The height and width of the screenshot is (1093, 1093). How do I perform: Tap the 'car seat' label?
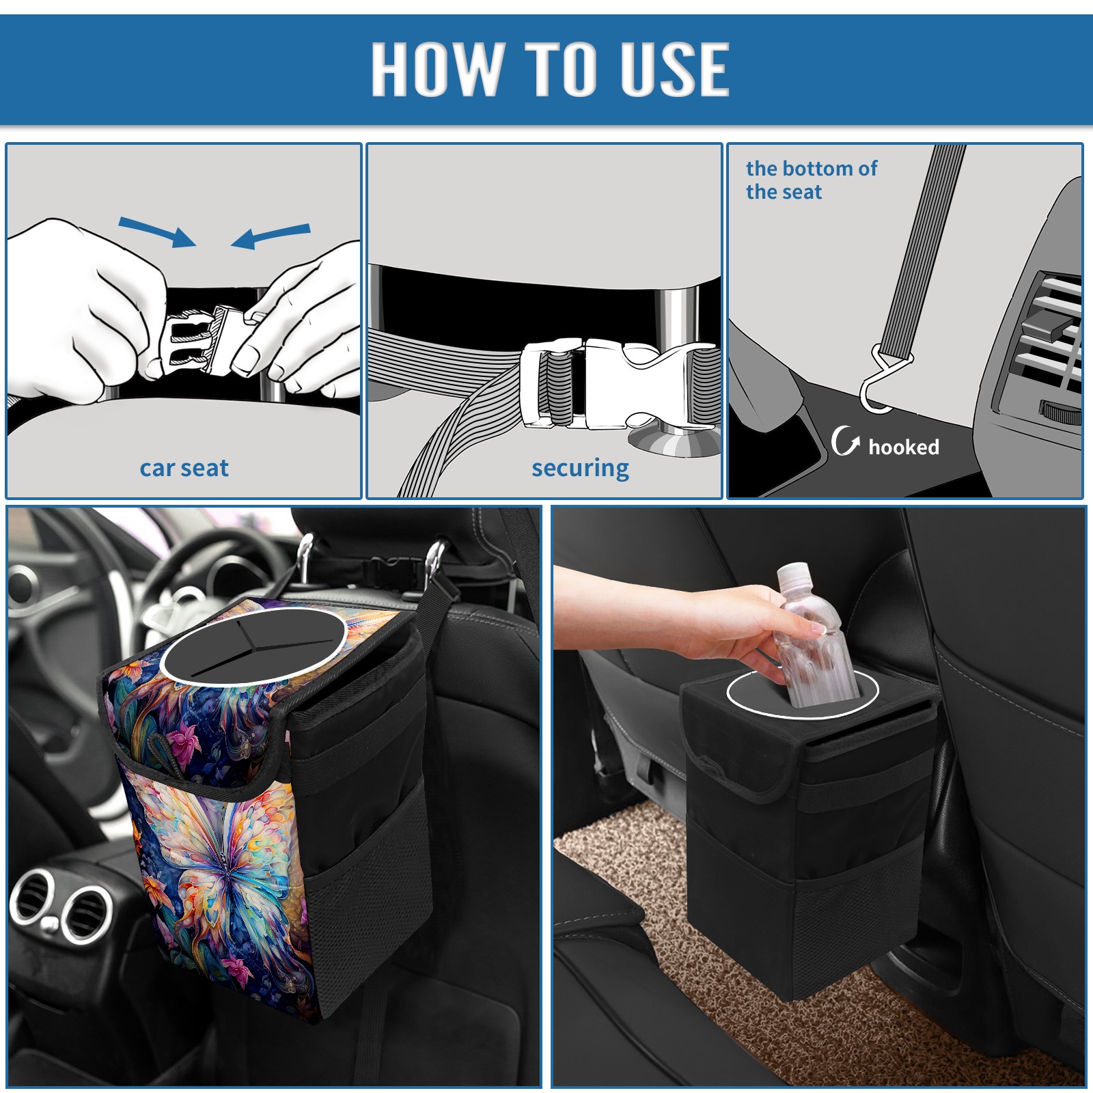click(x=184, y=468)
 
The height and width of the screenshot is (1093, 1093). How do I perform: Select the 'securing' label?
click(x=580, y=469)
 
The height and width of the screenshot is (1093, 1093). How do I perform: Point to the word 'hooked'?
click(x=904, y=447)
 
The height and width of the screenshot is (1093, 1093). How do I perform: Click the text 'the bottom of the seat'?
click(x=811, y=180)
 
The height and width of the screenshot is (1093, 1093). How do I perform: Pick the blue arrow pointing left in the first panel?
click(x=271, y=236)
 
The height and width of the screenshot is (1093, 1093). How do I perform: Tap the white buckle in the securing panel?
click(x=618, y=383)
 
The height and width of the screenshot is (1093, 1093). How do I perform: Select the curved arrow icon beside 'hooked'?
click(x=845, y=441)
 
